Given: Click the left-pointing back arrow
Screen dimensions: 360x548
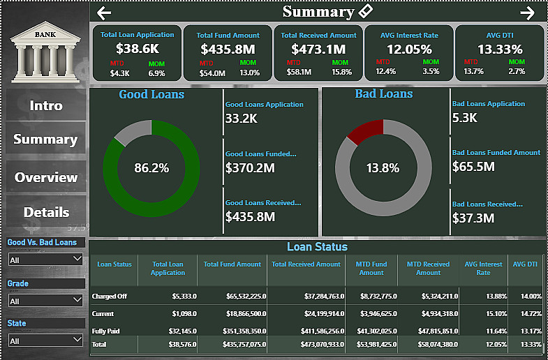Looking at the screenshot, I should pos(104,13).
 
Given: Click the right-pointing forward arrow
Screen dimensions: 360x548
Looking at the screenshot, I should pos(527,13).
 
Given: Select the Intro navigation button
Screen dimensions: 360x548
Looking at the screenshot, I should pos(46,106).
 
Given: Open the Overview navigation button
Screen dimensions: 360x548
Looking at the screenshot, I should pos(46,177).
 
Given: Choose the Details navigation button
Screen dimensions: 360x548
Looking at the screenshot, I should pos(46,212).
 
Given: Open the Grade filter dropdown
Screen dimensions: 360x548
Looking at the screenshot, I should pos(46,301).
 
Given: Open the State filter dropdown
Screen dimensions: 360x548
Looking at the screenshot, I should pos(46,340).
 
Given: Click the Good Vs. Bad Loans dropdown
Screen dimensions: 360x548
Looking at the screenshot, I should pos(46,259).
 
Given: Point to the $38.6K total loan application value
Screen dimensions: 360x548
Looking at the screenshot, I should pos(138,49).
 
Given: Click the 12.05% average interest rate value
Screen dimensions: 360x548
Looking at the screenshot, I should pos(409,49).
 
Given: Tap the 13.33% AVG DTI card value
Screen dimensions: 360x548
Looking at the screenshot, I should pos(500,49).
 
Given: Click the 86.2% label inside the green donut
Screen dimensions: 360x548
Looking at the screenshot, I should pos(151,168).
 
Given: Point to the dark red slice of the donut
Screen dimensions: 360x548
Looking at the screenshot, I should pos(366,130).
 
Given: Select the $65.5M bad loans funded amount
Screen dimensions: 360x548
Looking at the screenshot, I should pos(473,167).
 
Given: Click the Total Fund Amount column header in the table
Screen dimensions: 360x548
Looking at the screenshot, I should pos(232,264).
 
